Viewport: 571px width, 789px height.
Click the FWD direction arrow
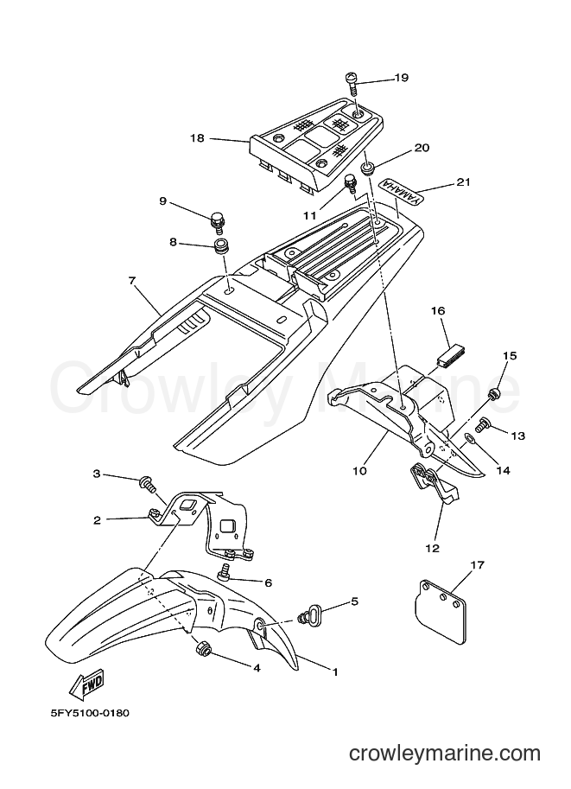[86, 684]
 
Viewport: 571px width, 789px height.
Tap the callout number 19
[402, 78]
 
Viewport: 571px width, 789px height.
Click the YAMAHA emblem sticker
[401, 192]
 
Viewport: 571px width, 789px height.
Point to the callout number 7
[132, 281]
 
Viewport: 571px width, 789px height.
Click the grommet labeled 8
[219, 247]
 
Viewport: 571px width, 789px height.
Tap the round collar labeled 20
[369, 168]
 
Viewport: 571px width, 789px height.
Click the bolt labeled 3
[148, 485]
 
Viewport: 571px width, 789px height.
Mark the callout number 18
[197, 137]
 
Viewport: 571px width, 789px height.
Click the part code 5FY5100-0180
[90, 713]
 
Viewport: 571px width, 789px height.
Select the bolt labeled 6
[225, 574]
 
